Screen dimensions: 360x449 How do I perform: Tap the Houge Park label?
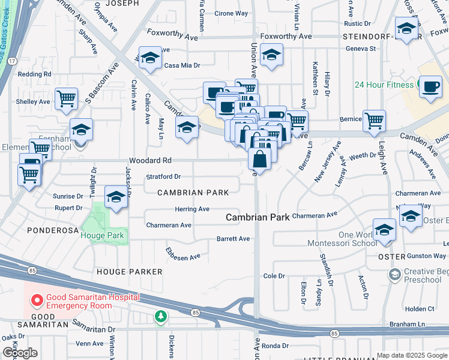pos(103,235)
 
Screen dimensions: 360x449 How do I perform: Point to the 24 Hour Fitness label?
pos(384,85)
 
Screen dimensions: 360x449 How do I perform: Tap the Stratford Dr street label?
pos(163,177)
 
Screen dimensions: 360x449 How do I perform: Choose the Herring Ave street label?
pos(192,209)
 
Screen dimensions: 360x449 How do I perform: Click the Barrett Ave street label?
pos(233,239)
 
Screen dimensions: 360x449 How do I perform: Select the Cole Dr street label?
pos(274,276)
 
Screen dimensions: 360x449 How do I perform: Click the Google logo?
pos(20,353)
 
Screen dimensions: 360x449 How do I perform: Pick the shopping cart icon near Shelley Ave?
pos(66,98)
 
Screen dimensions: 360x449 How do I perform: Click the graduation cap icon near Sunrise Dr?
pos(116,196)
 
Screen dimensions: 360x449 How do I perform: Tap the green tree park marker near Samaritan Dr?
pos(160,316)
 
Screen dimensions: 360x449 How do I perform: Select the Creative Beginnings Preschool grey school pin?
pos(394,275)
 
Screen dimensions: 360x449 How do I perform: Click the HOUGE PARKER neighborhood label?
pos(130,272)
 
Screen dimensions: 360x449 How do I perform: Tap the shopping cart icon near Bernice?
pos(374,120)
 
